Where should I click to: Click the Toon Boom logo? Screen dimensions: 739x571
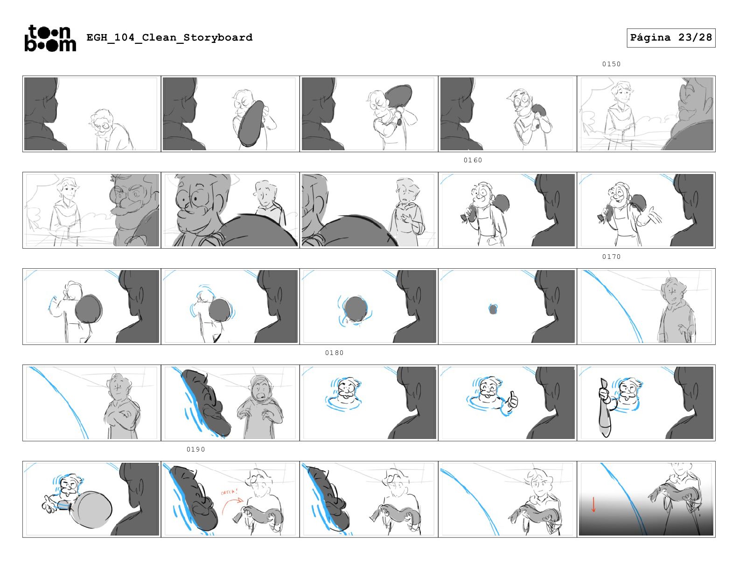50,38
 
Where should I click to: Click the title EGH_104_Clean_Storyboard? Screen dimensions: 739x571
169,37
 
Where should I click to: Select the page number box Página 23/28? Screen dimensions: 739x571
671,38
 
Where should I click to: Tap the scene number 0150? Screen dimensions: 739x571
611,64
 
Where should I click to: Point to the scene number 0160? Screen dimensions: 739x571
473,160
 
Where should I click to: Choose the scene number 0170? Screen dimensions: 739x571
611,257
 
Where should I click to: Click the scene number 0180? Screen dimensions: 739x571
335,353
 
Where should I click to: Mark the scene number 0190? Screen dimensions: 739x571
196,450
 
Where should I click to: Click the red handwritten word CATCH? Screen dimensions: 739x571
229,492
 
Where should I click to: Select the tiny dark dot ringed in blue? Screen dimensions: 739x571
493,309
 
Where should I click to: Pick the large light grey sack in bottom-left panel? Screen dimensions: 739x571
91,509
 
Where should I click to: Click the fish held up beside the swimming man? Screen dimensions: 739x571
604,408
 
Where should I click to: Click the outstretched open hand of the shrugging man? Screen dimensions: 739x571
649,216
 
